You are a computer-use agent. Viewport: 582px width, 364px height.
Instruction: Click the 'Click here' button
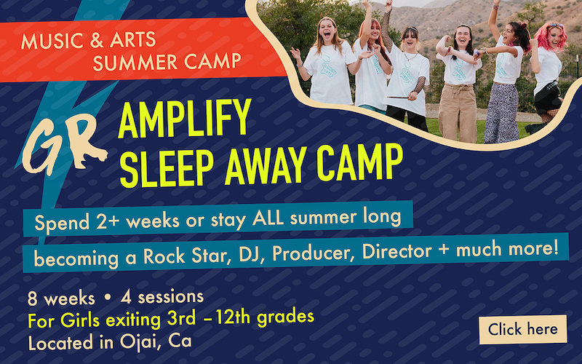522,329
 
